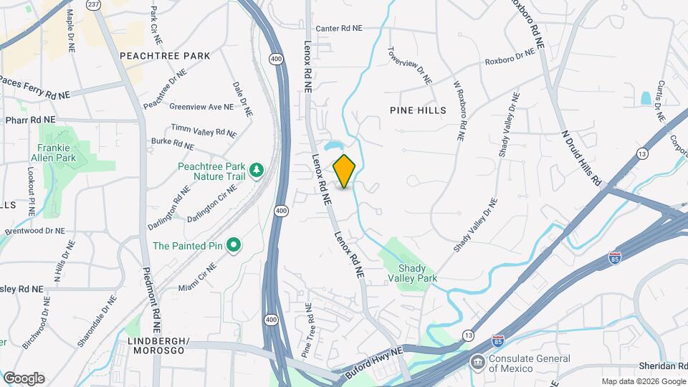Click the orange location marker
tap(345, 171)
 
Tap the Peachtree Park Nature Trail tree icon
tap(256, 170)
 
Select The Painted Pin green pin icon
tap(233, 246)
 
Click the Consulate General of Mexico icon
tap(477, 362)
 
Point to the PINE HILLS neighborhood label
tap(418, 110)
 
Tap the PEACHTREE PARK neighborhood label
tap(165, 55)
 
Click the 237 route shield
tap(93, 4)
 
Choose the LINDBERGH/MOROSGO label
tap(158, 345)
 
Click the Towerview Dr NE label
tap(410, 66)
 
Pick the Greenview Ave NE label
tap(201, 107)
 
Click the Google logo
tap(24, 378)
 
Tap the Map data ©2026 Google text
tap(643, 381)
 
